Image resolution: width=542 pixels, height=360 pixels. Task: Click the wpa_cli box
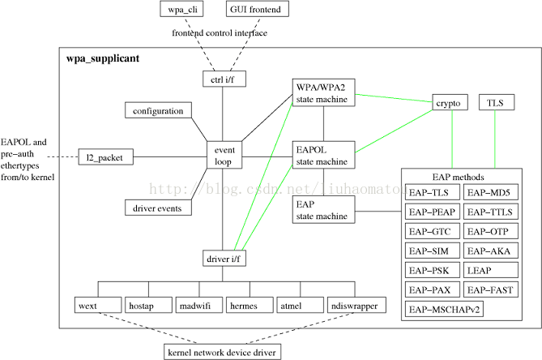[181, 9]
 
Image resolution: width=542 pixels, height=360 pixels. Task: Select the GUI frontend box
[258, 9]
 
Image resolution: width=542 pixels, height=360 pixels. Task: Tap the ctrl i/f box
[224, 79]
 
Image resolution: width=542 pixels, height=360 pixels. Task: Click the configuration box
[158, 110]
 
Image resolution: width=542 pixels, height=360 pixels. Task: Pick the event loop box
[224, 155]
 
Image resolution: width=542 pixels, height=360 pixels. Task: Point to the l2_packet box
[106, 157]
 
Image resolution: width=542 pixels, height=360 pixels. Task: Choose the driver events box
[158, 208]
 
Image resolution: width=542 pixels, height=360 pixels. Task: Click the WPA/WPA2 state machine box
[323, 92]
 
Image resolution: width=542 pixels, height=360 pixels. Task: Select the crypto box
[450, 102]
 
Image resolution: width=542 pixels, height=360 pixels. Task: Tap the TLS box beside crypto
[497, 102]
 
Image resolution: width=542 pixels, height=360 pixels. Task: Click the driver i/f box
[224, 258]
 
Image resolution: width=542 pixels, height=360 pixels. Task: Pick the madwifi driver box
[199, 305]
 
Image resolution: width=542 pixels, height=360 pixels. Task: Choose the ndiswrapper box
[356, 305]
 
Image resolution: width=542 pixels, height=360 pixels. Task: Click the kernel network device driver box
[222, 352]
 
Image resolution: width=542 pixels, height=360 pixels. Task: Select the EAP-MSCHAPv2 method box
[444, 309]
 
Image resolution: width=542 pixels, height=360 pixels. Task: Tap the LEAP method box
[491, 270]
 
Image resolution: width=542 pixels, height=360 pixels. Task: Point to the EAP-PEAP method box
[433, 212]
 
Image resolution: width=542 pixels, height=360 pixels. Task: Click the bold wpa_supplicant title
[103, 58]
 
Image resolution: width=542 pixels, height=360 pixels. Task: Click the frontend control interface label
[220, 33]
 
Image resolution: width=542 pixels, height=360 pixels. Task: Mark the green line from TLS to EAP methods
[495, 139]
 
